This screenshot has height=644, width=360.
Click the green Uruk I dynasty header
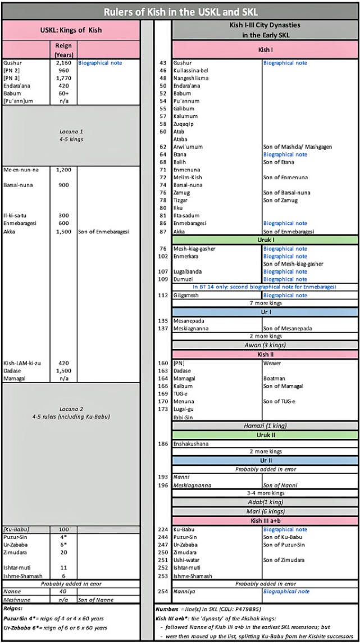click(x=265, y=240)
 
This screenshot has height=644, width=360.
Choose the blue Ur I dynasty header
click(x=265, y=311)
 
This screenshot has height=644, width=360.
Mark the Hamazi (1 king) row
click(x=265, y=426)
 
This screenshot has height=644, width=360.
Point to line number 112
click(x=163, y=296)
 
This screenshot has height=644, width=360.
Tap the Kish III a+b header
click(x=265, y=521)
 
